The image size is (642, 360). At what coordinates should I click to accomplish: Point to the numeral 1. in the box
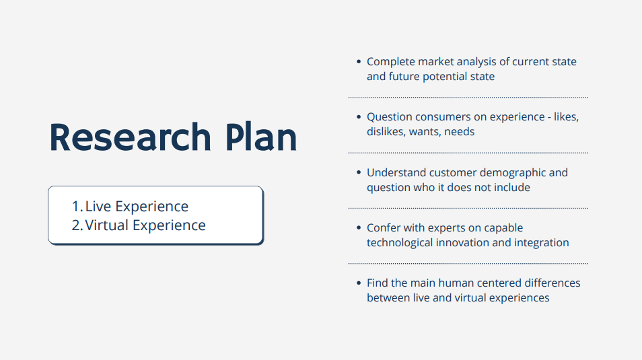tap(77, 207)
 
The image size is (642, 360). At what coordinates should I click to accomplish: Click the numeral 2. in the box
tap(77, 225)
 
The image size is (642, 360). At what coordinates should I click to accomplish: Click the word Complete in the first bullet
tap(390, 62)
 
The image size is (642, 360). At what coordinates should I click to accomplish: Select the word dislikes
tap(386, 132)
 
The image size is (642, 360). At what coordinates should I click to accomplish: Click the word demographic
tap(513, 173)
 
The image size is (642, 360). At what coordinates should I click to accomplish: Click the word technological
tap(400, 243)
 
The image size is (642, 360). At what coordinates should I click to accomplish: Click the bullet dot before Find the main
tap(359, 283)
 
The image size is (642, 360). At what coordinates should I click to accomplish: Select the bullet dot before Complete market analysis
tap(359, 61)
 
